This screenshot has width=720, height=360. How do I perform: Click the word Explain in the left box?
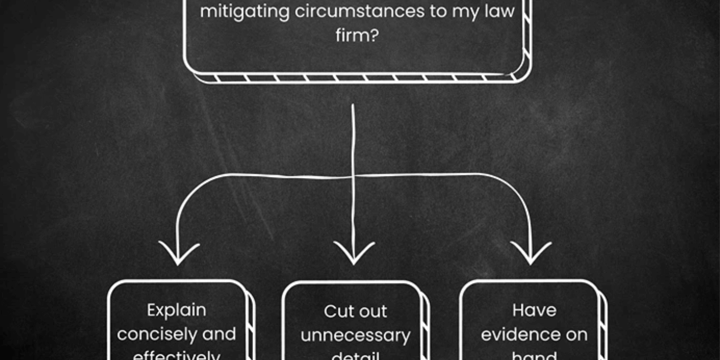pos(176,311)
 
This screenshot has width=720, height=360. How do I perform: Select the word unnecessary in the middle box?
pos(355,335)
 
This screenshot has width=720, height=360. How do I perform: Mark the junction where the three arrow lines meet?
pos(353,177)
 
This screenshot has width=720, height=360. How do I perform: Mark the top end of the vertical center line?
pos(353,105)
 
